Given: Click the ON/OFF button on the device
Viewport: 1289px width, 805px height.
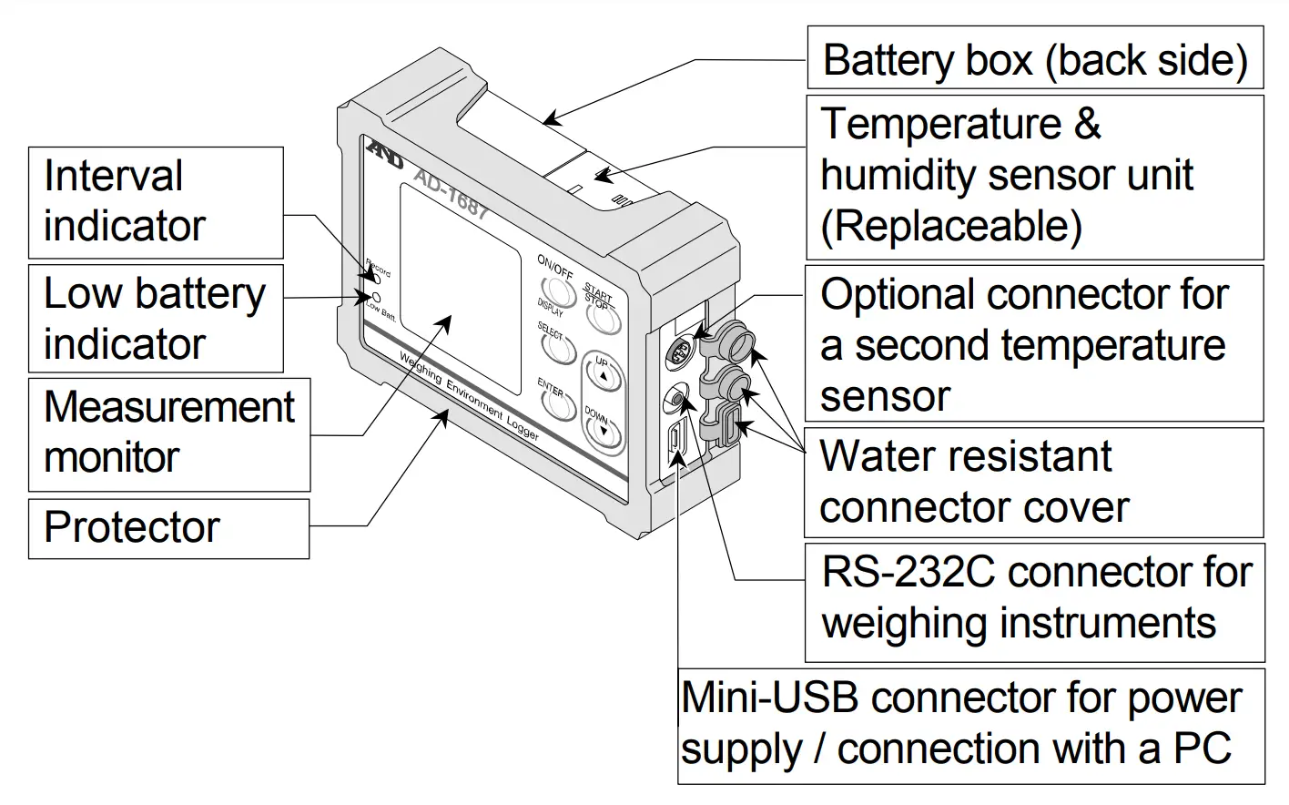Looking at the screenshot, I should point(557,290).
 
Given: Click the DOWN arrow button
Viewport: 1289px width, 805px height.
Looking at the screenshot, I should point(604,431).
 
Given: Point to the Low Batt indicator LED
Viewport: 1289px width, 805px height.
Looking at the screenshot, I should point(376,297).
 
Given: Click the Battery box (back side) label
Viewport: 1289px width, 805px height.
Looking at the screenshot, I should point(1035,60).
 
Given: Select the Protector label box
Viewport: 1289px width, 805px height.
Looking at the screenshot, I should point(168,528).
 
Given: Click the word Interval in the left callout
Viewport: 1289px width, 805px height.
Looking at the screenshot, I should point(113,176).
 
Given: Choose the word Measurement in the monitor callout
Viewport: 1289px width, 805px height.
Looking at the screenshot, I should point(169,407).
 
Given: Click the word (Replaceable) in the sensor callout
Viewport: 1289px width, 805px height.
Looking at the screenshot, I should point(951,226).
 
